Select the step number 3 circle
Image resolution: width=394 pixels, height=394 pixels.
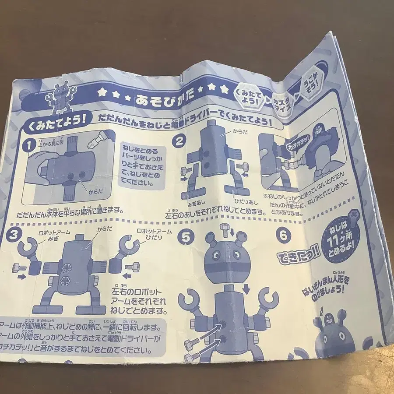(x=14, y=233)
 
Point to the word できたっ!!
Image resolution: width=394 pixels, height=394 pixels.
(x=296, y=257)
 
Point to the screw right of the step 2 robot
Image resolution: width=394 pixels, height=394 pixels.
(x=243, y=166)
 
